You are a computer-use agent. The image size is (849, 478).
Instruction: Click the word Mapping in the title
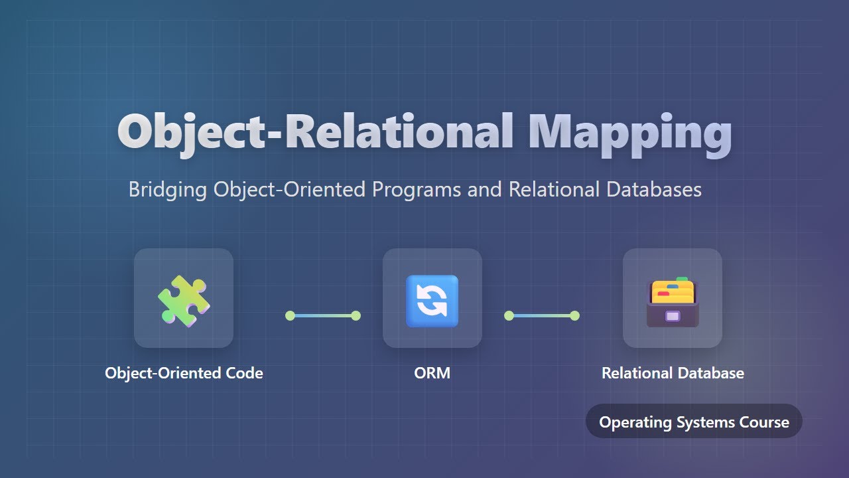pyautogui.click(x=629, y=131)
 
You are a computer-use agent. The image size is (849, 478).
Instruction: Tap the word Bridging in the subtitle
pyautogui.click(x=168, y=189)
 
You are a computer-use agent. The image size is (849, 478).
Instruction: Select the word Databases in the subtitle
pyautogui.click(x=653, y=189)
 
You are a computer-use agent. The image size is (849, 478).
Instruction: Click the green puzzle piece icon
pyautogui.click(x=184, y=300)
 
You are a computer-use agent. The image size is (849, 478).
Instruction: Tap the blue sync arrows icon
pyautogui.click(x=432, y=300)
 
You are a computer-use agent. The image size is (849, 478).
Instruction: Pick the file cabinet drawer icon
pyautogui.click(x=672, y=301)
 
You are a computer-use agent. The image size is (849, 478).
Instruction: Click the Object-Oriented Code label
pyautogui.click(x=184, y=373)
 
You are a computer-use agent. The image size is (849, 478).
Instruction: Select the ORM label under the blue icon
pyautogui.click(x=432, y=373)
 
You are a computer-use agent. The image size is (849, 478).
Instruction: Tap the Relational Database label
pyautogui.click(x=673, y=373)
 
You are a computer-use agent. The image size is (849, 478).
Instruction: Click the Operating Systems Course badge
pyautogui.click(x=694, y=422)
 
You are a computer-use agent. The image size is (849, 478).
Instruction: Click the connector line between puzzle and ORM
pyautogui.click(x=323, y=315)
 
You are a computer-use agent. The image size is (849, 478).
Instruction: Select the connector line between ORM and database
pyautogui.click(x=542, y=315)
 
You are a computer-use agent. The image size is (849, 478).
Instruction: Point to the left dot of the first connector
pyautogui.click(x=290, y=315)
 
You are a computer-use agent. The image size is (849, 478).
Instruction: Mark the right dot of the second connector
pyautogui.click(x=575, y=315)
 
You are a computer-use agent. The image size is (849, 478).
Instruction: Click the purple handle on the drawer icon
pyautogui.click(x=672, y=317)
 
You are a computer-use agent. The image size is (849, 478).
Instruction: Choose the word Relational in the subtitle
pyautogui.click(x=555, y=189)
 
